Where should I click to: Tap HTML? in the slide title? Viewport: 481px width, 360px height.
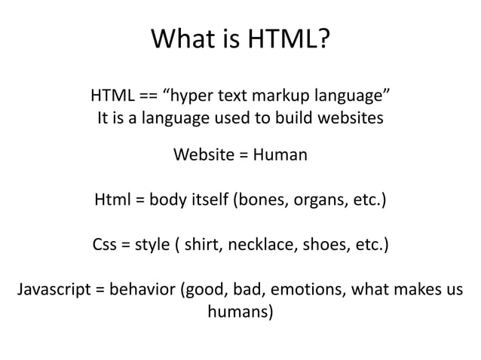coord(286,38)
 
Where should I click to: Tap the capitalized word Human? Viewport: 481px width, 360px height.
coord(280,155)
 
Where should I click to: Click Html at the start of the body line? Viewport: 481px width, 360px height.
coord(110,200)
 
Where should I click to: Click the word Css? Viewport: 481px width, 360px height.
coord(104,245)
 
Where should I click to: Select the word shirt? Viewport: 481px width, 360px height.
coord(201,245)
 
